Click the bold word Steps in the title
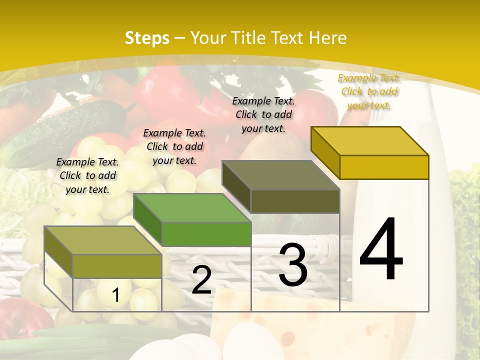147,38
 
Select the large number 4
381,250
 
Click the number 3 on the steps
293,265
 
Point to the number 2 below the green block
201,280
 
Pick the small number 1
115,295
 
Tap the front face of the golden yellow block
384,167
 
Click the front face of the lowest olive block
117,266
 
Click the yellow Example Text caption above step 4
369,91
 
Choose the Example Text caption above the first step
87,175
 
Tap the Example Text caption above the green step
174,146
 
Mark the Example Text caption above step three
263,114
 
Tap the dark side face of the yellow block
325,150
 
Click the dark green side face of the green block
148,220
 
